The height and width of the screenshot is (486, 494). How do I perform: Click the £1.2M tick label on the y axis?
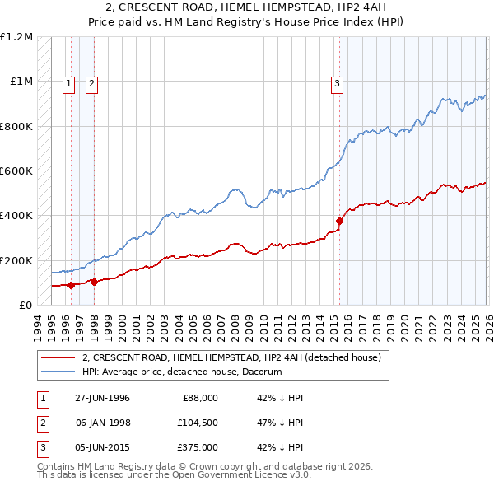coord(16,37)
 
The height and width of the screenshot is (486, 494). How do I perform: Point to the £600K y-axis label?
coord(16,171)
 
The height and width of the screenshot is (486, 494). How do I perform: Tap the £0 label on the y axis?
coord(25,305)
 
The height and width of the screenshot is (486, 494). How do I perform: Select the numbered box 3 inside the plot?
coord(338,82)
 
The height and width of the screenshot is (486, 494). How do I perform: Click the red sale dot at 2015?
coord(339,221)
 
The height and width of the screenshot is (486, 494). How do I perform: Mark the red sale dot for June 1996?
coord(72,285)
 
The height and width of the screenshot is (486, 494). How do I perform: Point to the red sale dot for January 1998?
coord(93,282)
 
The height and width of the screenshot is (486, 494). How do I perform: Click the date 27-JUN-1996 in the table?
coord(102,398)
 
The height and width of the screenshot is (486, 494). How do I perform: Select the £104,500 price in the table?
coord(197,423)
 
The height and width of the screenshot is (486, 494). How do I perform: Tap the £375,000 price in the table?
coord(197,447)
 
